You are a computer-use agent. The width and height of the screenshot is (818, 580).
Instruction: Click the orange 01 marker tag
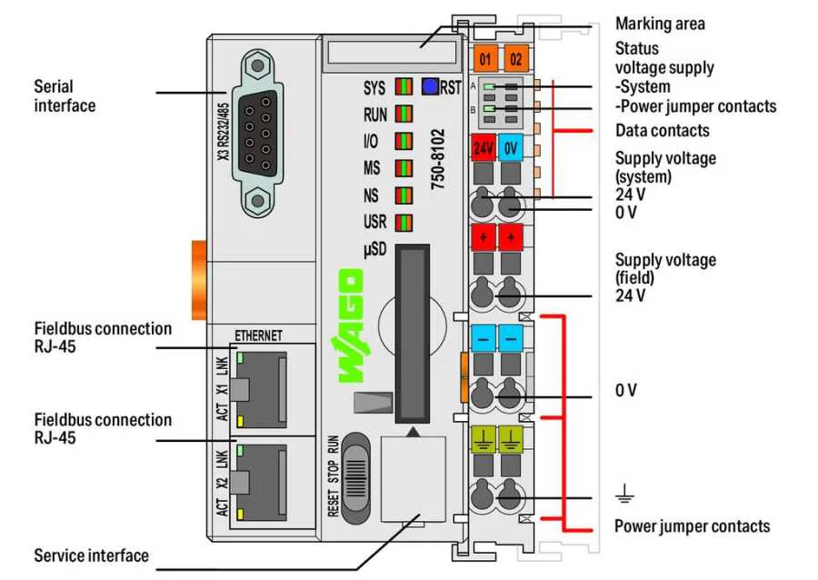[485, 60]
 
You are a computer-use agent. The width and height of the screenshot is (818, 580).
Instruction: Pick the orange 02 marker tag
[515, 60]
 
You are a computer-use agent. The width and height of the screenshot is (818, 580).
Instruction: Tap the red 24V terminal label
[483, 146]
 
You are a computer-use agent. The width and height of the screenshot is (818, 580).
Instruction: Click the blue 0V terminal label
[511, 146]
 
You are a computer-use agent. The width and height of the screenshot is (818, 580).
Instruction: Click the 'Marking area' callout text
[660, 24]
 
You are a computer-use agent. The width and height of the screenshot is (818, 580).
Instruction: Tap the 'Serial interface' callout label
[65, 96]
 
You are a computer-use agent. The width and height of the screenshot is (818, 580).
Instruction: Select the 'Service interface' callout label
[91, 555]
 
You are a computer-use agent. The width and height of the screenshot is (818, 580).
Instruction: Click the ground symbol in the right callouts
[624, 495]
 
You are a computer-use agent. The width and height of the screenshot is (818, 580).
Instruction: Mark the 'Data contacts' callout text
[663, 131]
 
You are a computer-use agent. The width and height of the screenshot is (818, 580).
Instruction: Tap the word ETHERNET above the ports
[259, 335]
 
